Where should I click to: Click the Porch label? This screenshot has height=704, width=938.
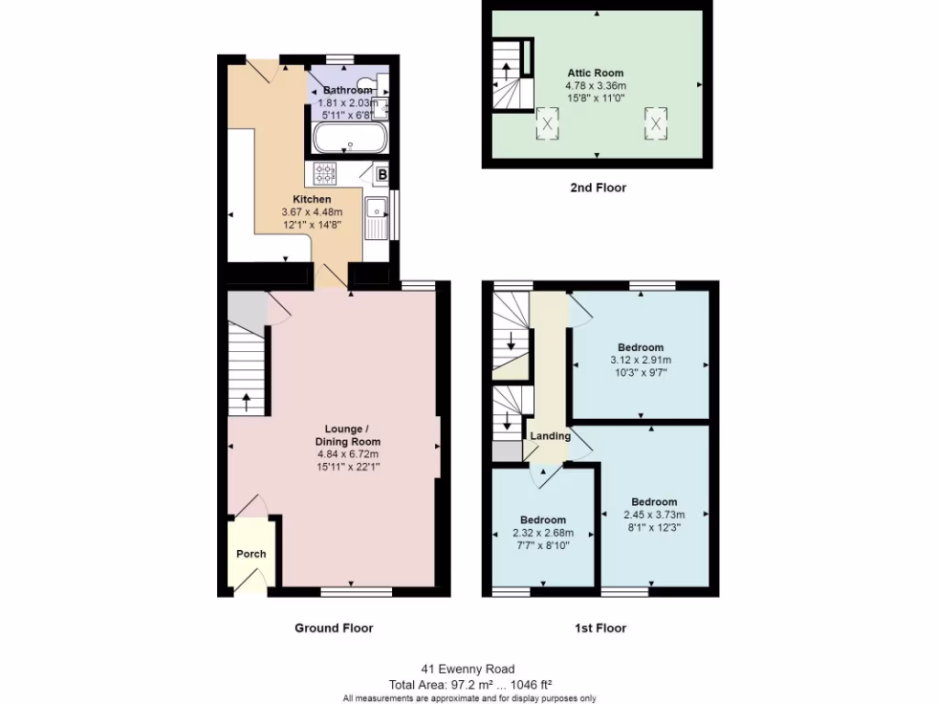pos(251,554)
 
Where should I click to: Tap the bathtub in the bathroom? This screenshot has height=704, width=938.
pos(351,140)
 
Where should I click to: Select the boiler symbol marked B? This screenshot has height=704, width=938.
pos(383,174)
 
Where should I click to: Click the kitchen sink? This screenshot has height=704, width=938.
pos(376,218)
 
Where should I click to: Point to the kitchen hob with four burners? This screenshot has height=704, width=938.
pos(325,173)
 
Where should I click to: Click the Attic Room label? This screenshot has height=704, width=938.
pos(595,72)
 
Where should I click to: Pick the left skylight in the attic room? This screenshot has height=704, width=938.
pos(548,123)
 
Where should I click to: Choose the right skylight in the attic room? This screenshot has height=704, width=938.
pos(656,121)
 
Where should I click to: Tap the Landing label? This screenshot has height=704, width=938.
pos(550,435)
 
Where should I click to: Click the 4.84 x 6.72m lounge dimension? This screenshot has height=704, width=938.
pos(348,454)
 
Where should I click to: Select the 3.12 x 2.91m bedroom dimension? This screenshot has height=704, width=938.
pos(640,360)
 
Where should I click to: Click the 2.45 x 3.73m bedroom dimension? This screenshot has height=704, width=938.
pos(654,514)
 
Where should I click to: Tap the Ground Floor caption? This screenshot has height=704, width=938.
pos(333,628)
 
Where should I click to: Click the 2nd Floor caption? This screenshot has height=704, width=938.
pos(597,188)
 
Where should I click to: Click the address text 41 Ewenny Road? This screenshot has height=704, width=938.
pos(469,669)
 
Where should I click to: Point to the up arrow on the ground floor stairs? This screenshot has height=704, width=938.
pos(246,401)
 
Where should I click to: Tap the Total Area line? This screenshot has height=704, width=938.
pos(469,684)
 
